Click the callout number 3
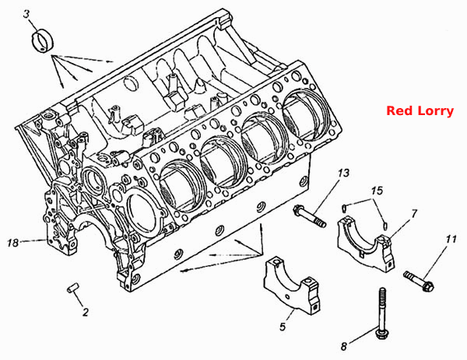pos(27,14)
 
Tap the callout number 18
pos(12,243)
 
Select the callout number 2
pos(86,312)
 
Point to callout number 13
pos(343,173)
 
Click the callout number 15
pos(377,190)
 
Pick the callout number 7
pos(414,213)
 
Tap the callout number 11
pos(451,239)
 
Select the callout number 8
pos(344,346)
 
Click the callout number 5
pos(283,327)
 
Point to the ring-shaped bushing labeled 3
pos(42,42)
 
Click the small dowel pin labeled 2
pos(72,288)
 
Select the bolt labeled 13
pos(310,215)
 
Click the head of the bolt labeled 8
pos(381,334)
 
